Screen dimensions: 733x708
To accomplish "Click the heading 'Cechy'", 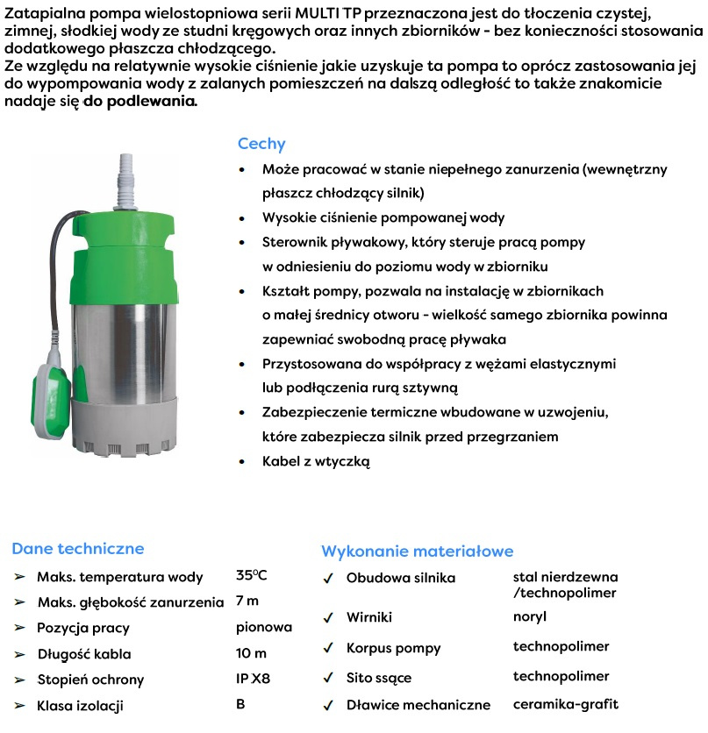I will (261, 144).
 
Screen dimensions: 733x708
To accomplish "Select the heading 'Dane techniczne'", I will (77, 549).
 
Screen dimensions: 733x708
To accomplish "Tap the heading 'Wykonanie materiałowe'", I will (417, 552).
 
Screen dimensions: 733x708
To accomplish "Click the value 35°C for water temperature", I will (251, 576).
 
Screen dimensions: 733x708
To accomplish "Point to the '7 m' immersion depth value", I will (247, 601).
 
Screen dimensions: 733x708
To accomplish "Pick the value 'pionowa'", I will (263, 628).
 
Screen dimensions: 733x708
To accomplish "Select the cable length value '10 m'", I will (251, 653).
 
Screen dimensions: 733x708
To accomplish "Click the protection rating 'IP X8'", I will (254, 679).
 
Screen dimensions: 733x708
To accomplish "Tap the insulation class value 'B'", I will (240, 704).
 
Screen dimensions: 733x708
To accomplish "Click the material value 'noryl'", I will (529, 616).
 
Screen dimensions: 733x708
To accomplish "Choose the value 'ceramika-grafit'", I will (566, 704).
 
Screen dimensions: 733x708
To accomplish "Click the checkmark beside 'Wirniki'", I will (328, 617).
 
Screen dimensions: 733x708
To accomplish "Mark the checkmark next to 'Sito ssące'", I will (328, 677).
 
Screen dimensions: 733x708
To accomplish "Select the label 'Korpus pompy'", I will (393, 648).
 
